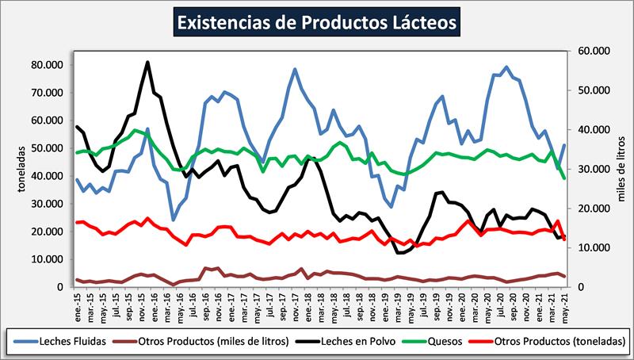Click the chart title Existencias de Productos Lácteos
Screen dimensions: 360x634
[316, 21]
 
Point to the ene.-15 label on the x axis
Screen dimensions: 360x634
[78, 301]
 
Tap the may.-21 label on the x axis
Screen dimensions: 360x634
[563, 301]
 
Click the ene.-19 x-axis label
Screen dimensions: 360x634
[384, 301]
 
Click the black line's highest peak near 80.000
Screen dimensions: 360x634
[147, 62]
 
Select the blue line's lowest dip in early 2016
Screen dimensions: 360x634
[173, 220]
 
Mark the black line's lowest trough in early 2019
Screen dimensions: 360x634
[399, 253]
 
